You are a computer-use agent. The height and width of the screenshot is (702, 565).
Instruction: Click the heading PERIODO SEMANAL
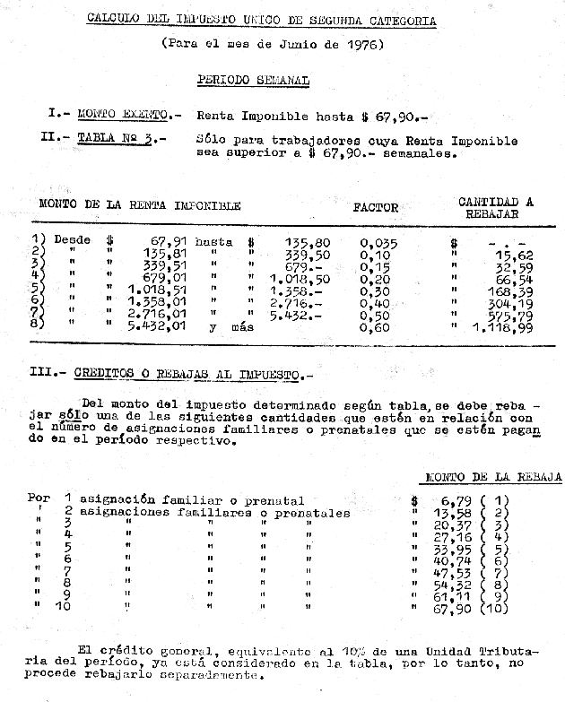pos(252,81)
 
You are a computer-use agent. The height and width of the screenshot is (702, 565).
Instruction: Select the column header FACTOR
pos(375,207)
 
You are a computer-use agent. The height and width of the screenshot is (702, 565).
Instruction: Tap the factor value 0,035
pos(378,242)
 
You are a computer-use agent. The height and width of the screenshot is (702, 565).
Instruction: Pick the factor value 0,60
pos(376,327)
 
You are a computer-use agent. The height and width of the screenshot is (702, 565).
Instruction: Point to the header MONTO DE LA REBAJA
pos(493,478)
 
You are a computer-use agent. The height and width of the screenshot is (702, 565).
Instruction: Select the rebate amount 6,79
pos(457,500)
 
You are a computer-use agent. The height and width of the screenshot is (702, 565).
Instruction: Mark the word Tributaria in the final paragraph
pos(510,651)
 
